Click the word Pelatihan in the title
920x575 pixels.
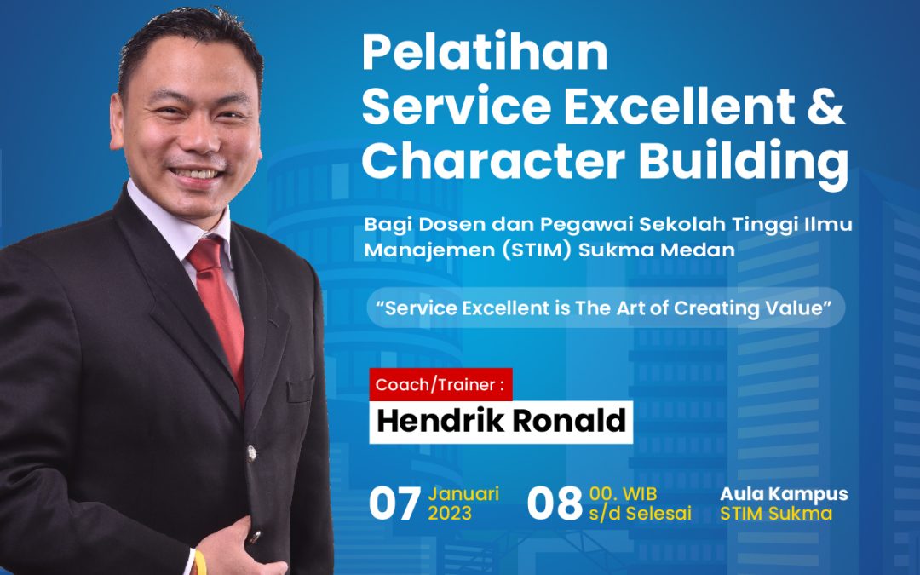coord(485,53)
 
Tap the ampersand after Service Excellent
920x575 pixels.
coord(824,108)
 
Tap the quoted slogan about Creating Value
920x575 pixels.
coord(606,308)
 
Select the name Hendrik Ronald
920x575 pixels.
coord(501,421)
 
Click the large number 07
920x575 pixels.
coord(394,504)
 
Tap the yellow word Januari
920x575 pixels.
coord(463,494)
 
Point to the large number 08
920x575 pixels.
coord(554,504)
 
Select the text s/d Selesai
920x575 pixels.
coord(640,514)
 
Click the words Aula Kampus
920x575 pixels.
coord(784,494)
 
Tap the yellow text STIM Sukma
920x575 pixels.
coord(776,514)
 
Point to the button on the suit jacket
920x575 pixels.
coord(251,450)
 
